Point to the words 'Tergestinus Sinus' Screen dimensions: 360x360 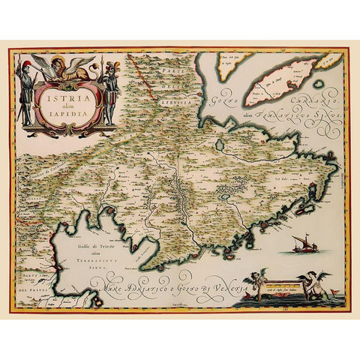(x=61, y=262)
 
